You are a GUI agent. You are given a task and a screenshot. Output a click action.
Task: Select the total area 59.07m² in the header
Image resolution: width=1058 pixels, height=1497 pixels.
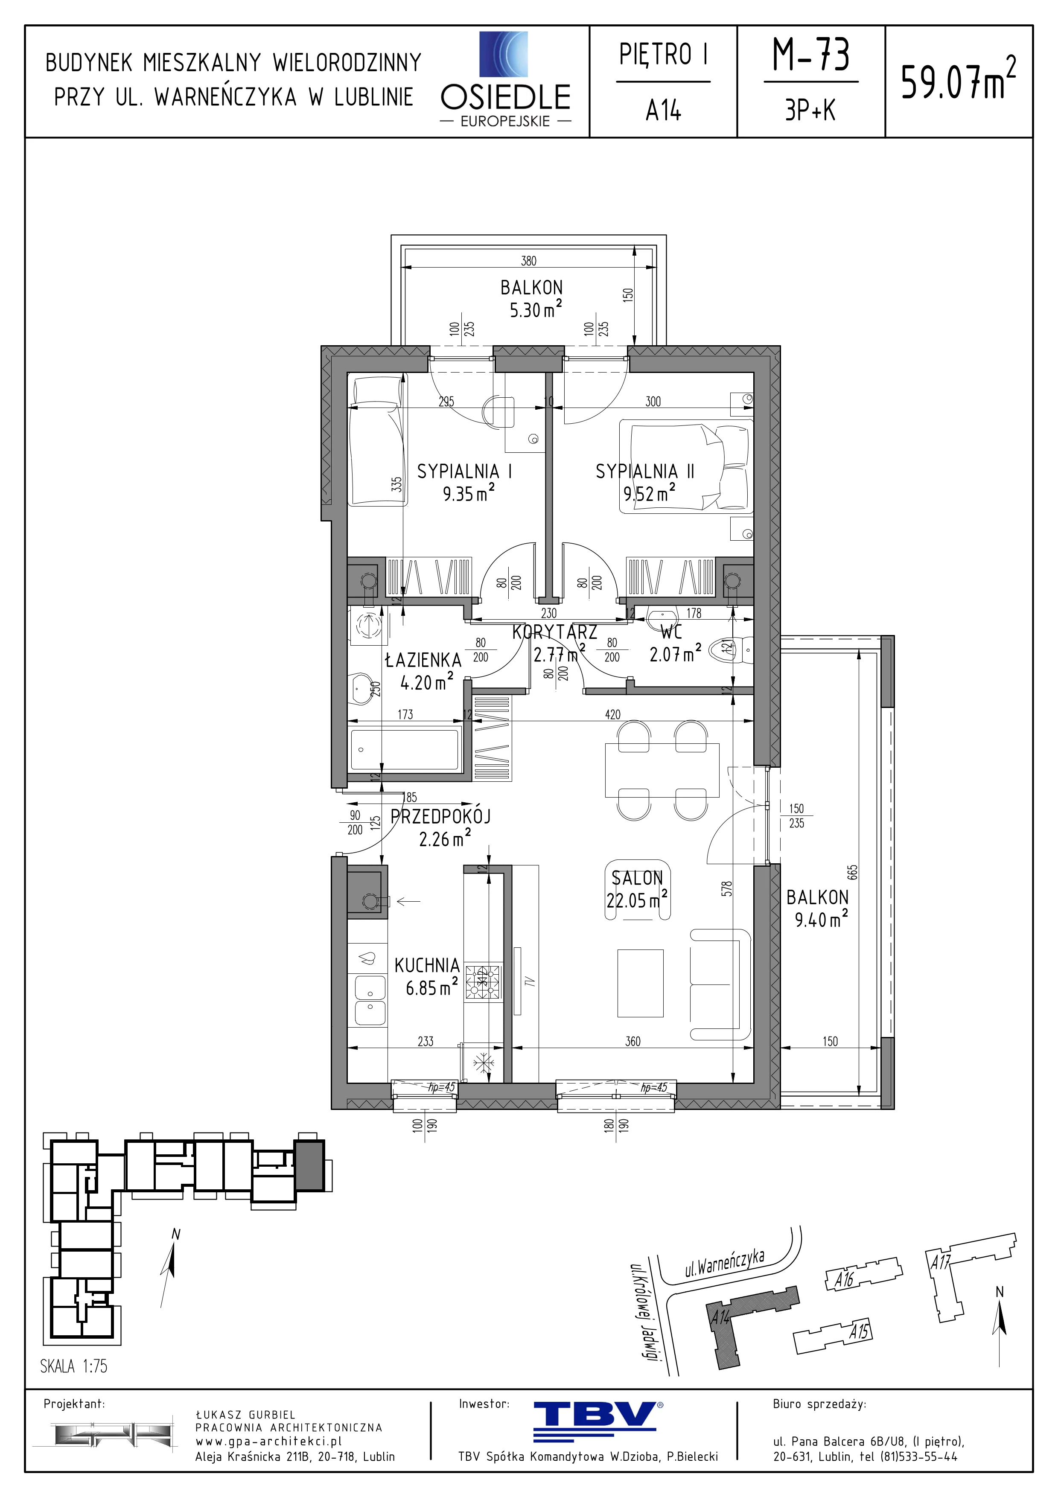click(958, 79)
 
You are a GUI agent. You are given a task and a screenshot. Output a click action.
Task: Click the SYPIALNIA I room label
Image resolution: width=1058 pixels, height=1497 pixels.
click(464, 472)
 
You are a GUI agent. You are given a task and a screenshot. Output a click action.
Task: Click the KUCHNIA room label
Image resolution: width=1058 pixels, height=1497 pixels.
click(427, 965)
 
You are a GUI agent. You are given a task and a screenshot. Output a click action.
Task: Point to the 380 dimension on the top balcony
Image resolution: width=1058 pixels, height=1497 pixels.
click(529, 261)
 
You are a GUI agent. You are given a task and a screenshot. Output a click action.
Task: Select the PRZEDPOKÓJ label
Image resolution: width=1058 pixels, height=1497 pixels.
click(441, 816)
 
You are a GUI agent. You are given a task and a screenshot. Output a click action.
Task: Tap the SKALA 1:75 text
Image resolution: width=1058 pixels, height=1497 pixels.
click(74, 1366)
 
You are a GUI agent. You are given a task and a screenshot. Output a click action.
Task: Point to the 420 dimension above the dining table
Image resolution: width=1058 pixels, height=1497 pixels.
click(613, 715)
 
